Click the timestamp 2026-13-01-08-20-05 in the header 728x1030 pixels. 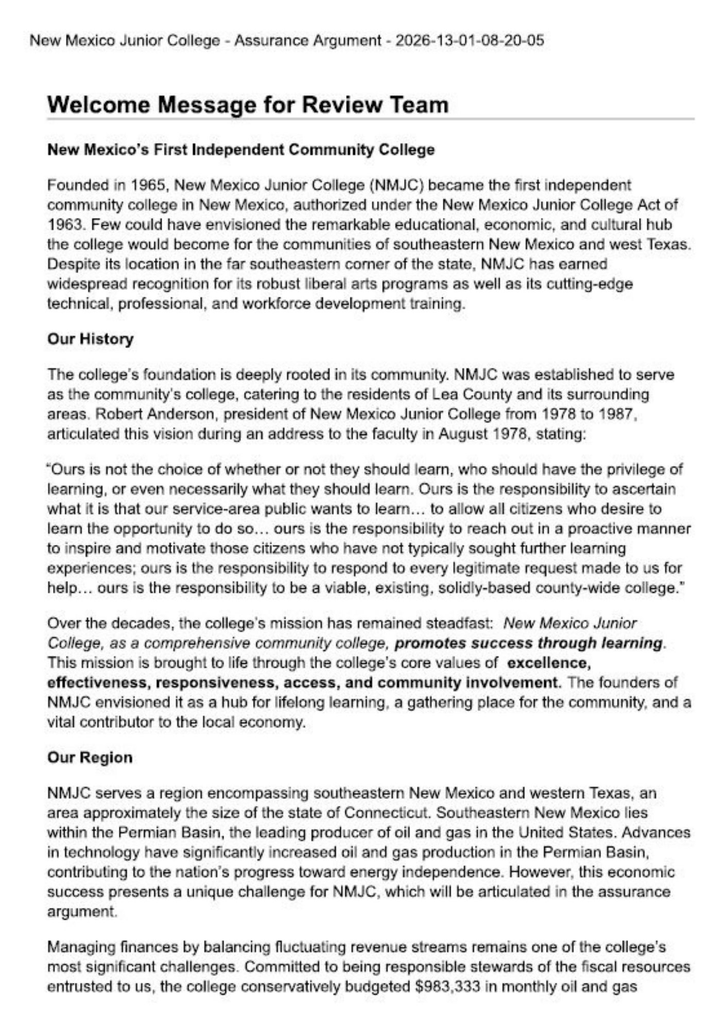tap(469, 40)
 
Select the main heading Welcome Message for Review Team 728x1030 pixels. tap(248, 105)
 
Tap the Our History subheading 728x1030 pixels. tap(90, 339)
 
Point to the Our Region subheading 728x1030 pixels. tap(90, 758)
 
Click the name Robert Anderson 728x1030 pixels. tap(156, 414)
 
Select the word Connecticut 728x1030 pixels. tap(387, 813)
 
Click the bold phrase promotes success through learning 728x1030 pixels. tap(529, 643)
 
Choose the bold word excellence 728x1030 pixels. tap(549, 663)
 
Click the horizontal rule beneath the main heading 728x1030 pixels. tap(371, 119)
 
